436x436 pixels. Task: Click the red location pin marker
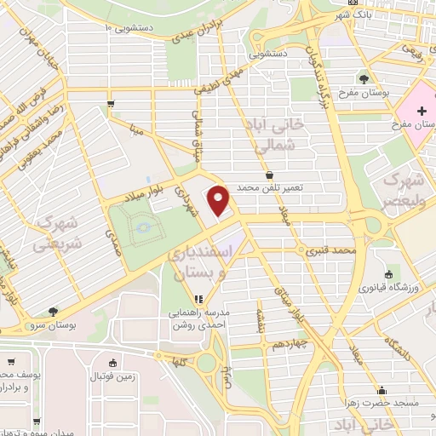219,200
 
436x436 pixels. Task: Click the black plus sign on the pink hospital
422,111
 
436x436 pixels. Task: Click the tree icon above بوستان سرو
53,312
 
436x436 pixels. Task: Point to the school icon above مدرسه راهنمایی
198,299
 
